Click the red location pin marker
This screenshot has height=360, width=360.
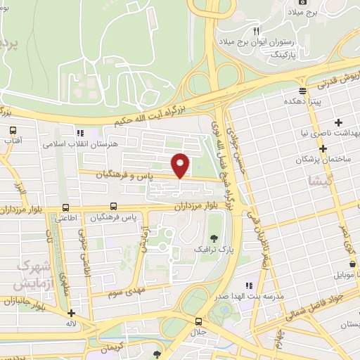click(x=181, y=165)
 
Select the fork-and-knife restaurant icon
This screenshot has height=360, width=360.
click(x=256, y=32)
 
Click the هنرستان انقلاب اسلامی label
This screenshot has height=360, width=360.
click(x=77, y=143)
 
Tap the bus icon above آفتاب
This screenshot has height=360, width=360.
click(x=13, y=130)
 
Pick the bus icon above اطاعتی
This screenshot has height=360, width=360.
click(x=65, y=207)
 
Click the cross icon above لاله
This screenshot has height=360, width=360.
click(x=70, y=314)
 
